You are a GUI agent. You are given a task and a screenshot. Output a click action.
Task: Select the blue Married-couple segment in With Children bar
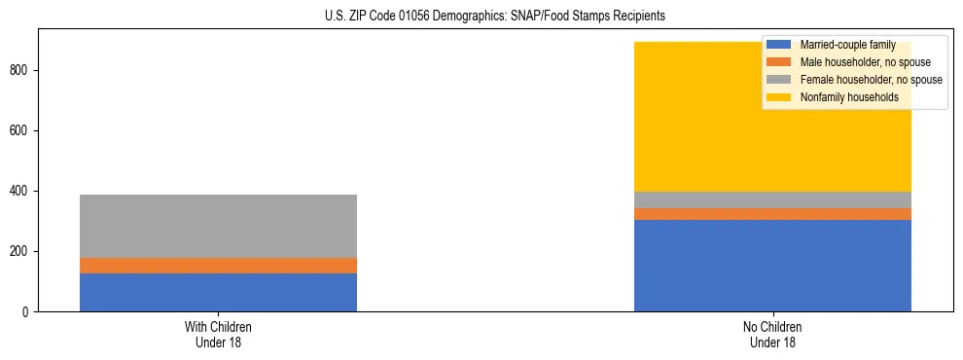tap(218, 292)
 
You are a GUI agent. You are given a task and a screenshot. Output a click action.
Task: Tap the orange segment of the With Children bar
tap(218, 266)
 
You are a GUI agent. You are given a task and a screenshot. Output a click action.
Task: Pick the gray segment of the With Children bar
tap(218, 226)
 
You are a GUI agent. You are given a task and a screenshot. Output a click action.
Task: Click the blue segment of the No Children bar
tap(772, 266)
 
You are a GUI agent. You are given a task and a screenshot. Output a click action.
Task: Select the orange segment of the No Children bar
tap(772, 214)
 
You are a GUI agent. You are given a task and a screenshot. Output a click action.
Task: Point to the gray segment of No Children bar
tap(772, 199)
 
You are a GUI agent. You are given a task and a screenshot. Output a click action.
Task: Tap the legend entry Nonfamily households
tap(848, 97)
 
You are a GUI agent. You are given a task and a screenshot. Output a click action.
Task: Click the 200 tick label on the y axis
tap(22, 252)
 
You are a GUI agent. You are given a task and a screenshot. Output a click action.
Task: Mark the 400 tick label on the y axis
tap(22, 192)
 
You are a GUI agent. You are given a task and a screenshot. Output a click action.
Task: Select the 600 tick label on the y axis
tap(22, 131)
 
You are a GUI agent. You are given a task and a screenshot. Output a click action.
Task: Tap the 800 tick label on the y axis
tap(22, 71)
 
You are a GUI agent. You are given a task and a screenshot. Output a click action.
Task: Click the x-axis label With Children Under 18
tap(218, 335)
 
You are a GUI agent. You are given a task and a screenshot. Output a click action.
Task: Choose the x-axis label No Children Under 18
tap(772, 335)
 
